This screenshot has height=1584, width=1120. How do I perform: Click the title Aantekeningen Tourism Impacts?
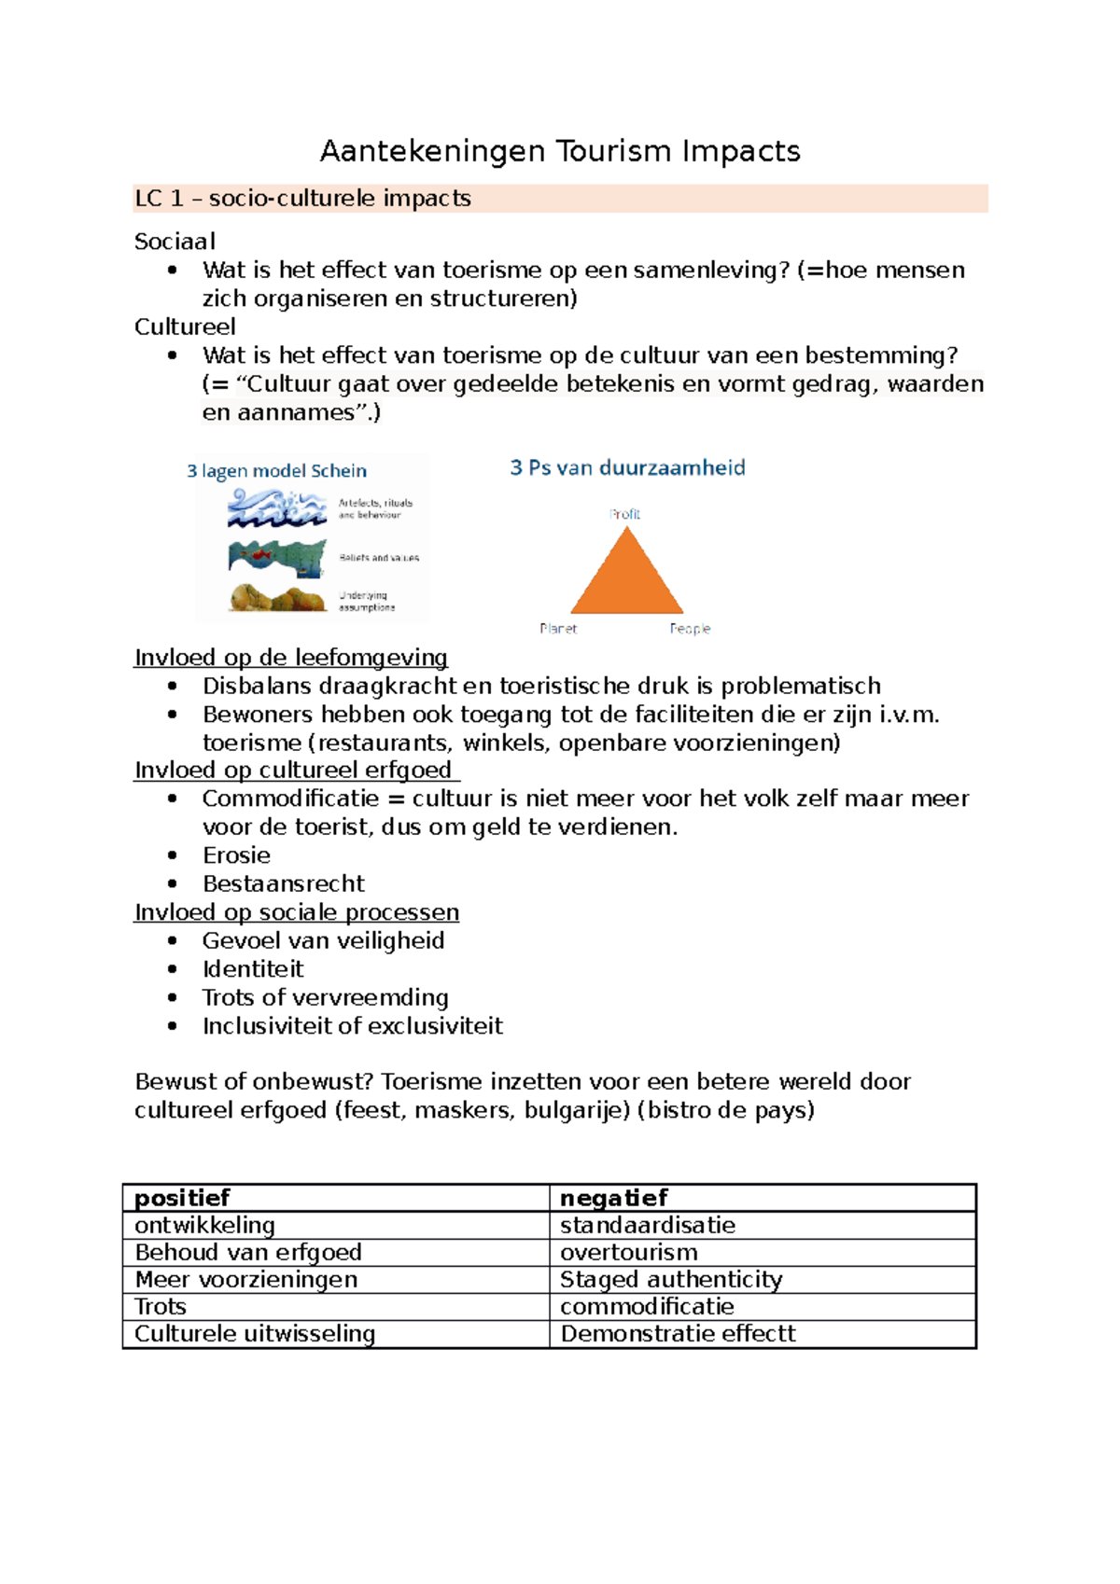[x=560, y=151]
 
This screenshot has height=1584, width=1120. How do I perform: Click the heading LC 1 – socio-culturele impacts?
[x=302, y=199]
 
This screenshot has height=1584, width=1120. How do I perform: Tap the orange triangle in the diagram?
[x=627, y=579]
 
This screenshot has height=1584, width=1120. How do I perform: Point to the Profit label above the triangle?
[x=624, y=514]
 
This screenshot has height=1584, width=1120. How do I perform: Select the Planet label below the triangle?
[x=558, y=629]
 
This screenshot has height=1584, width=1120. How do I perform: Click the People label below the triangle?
[x=690, y=629]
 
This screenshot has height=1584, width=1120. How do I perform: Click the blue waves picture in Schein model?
[x=276, y=508]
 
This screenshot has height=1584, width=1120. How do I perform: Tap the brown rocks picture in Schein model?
[x=276, y=598]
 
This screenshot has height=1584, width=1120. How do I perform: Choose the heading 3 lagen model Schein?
[x=276, y=471]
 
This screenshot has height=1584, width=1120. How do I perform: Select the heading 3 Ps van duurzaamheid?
[x=627, y=467]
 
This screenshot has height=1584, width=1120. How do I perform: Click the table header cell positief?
[x=182, y=1198]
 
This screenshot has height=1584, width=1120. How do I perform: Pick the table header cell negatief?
[x=613, y=1198]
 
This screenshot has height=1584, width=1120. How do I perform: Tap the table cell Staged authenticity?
[x=670, y=1279]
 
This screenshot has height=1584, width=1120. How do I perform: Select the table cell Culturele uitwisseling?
[x=255, y=1334]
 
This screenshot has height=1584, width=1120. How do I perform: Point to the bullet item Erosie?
[x=236, y=855]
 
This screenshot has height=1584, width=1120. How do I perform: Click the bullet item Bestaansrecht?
[x=284, y=883]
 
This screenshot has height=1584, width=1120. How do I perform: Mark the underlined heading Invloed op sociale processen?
[x=297, y=912]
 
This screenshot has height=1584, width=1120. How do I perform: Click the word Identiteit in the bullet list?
[x=253, y=969]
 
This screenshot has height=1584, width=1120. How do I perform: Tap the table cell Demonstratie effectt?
[x=678, y=1334]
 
